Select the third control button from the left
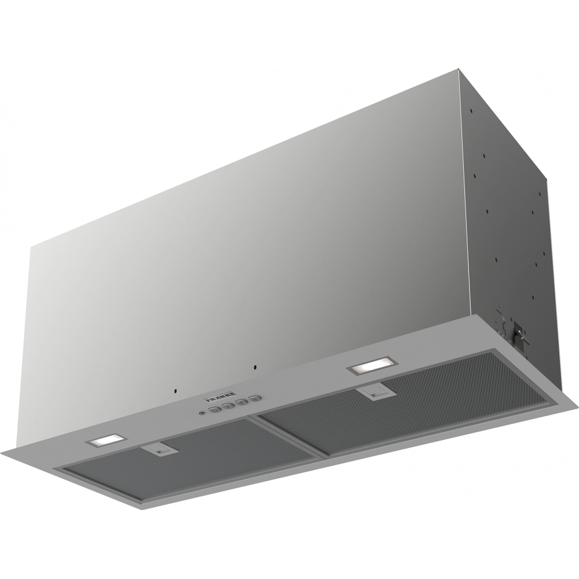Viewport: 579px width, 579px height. click(241, 404)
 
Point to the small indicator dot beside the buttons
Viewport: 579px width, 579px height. click(201, 413)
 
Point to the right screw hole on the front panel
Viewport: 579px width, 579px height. click(255, 367)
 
